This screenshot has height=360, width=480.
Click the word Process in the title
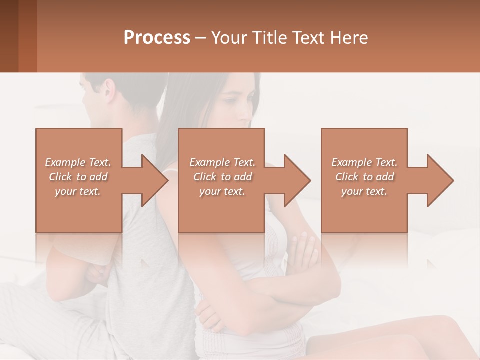point(157,38)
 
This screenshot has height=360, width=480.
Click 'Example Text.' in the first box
point(78,162)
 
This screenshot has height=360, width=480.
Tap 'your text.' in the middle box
point(222,191)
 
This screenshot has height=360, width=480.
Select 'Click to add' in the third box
point(365,177)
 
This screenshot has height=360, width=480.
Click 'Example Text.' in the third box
point(365,162)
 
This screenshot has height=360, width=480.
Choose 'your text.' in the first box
point(78,191)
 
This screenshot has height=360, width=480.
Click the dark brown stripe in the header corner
point(9,36)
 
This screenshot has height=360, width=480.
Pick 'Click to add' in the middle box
point(222,177)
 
